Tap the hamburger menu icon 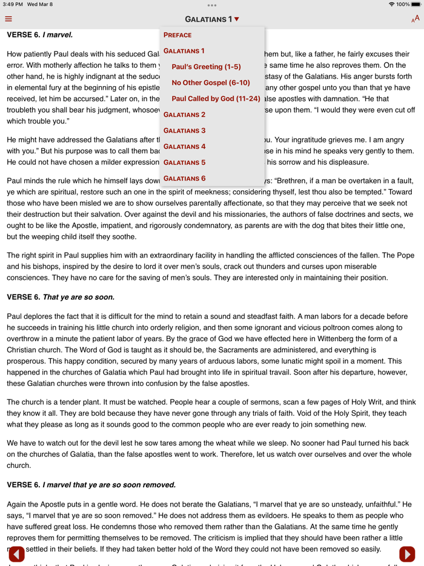coord(8,19)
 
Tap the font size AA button coord(415,19)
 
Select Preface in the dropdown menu coord(177,35)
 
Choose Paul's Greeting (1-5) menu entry coord(206,67)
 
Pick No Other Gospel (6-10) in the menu coord(210,82)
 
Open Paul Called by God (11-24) coord(216,98)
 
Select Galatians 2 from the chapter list coord(184,115)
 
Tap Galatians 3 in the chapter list coord(184,130)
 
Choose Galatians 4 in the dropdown coord(184,147)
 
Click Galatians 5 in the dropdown coord(184,162)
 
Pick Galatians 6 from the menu coord(184,178)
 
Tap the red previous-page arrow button coord(16,553)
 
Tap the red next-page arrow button coord(407,553)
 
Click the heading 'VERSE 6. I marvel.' coord(40,35)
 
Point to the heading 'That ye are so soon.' coord(78,298)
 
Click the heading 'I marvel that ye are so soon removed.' coord(109,485)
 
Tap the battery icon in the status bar coord(416,4)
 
